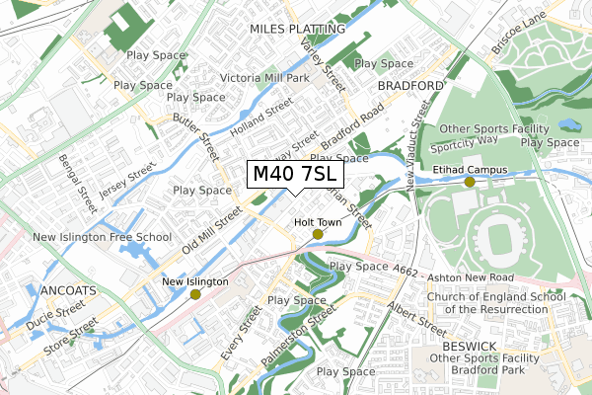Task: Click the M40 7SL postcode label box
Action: [296, 174]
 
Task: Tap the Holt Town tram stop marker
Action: [318, 234]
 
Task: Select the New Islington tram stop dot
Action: [195, 294]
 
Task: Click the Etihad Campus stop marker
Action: [470, 181]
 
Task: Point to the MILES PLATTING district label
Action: [294, 30]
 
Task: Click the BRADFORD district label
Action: [410, 86]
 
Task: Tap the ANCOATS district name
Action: [68, 290]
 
